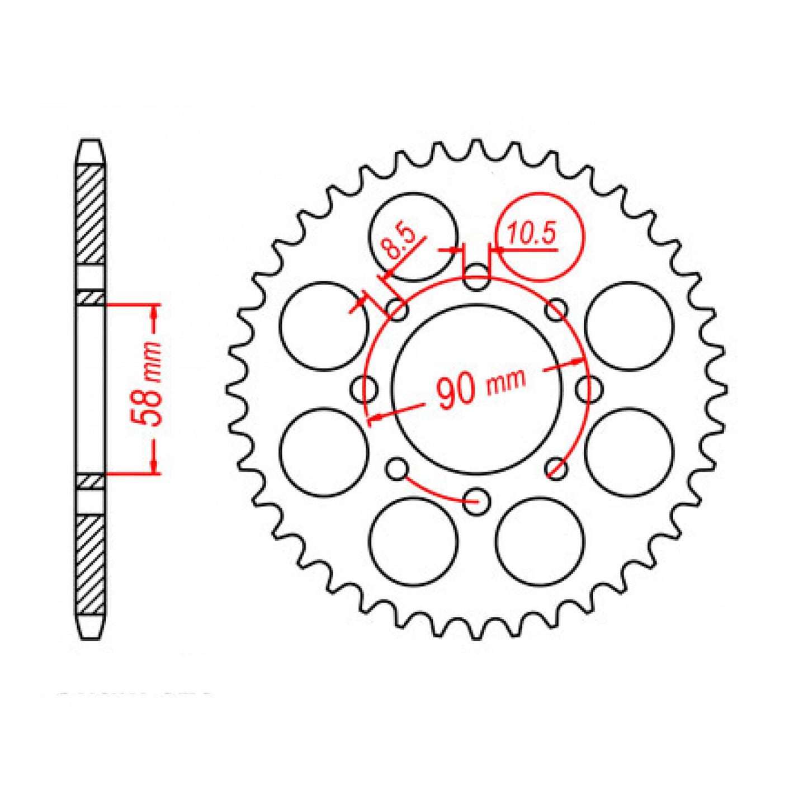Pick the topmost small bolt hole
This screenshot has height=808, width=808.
[x=476, y=278]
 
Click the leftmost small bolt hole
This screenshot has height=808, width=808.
[x=366, y=388]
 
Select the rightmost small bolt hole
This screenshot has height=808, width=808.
[x=587, y=388]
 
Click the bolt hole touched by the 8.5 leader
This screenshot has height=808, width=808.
[x=398, y=310]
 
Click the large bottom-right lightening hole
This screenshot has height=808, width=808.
[x=540, y=541]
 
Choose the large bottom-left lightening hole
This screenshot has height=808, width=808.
[x=414, y=541]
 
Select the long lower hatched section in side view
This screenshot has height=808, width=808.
[x=91, y=565]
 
